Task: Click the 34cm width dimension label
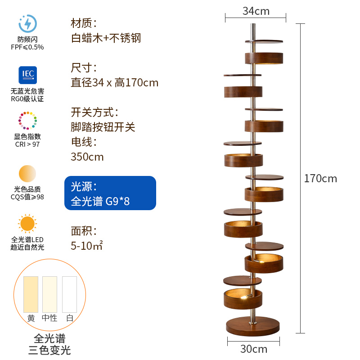pyautogui.click(x=256, y=11)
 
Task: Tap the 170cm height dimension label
pyautogui.click(x=320, y=178)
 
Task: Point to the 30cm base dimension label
pyautogui.click(x=254, y=349)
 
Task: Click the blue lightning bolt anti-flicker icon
pyautogui.click(x=27, y=23)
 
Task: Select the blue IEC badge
pyautogui.click(x=27, y=75)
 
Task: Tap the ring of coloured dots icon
pyautogui.click(x=27, y=121)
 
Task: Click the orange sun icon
pyautogui.click(x=27, y=223)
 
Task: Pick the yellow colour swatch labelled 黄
pyautogui.click(x=31, y=294)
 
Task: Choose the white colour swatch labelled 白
pyautogui.click(x=69, y=294)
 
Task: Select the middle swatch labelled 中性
pyautogui.click(x=49, y=294)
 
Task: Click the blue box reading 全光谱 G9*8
pyautogui.click(x=110, y=193)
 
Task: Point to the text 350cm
pyautogui.click(x=87, y=157)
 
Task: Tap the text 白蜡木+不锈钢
pyautogui.click(x=106, y=38)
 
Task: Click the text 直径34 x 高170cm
pyautogui.click(x=115, y=83)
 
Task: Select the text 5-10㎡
pyautogui.click(x=87, y=246)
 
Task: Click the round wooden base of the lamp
pyautogui.click(x=253, y=326)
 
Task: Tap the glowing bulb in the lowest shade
pyautogui.click(x=244, y=297)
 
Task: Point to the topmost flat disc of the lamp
pyautogui.click(x=264, y=41)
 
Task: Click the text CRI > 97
pyautogui.click(x=27, y=144)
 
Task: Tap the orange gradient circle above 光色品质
pyautogui.click(x=27, y=174)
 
